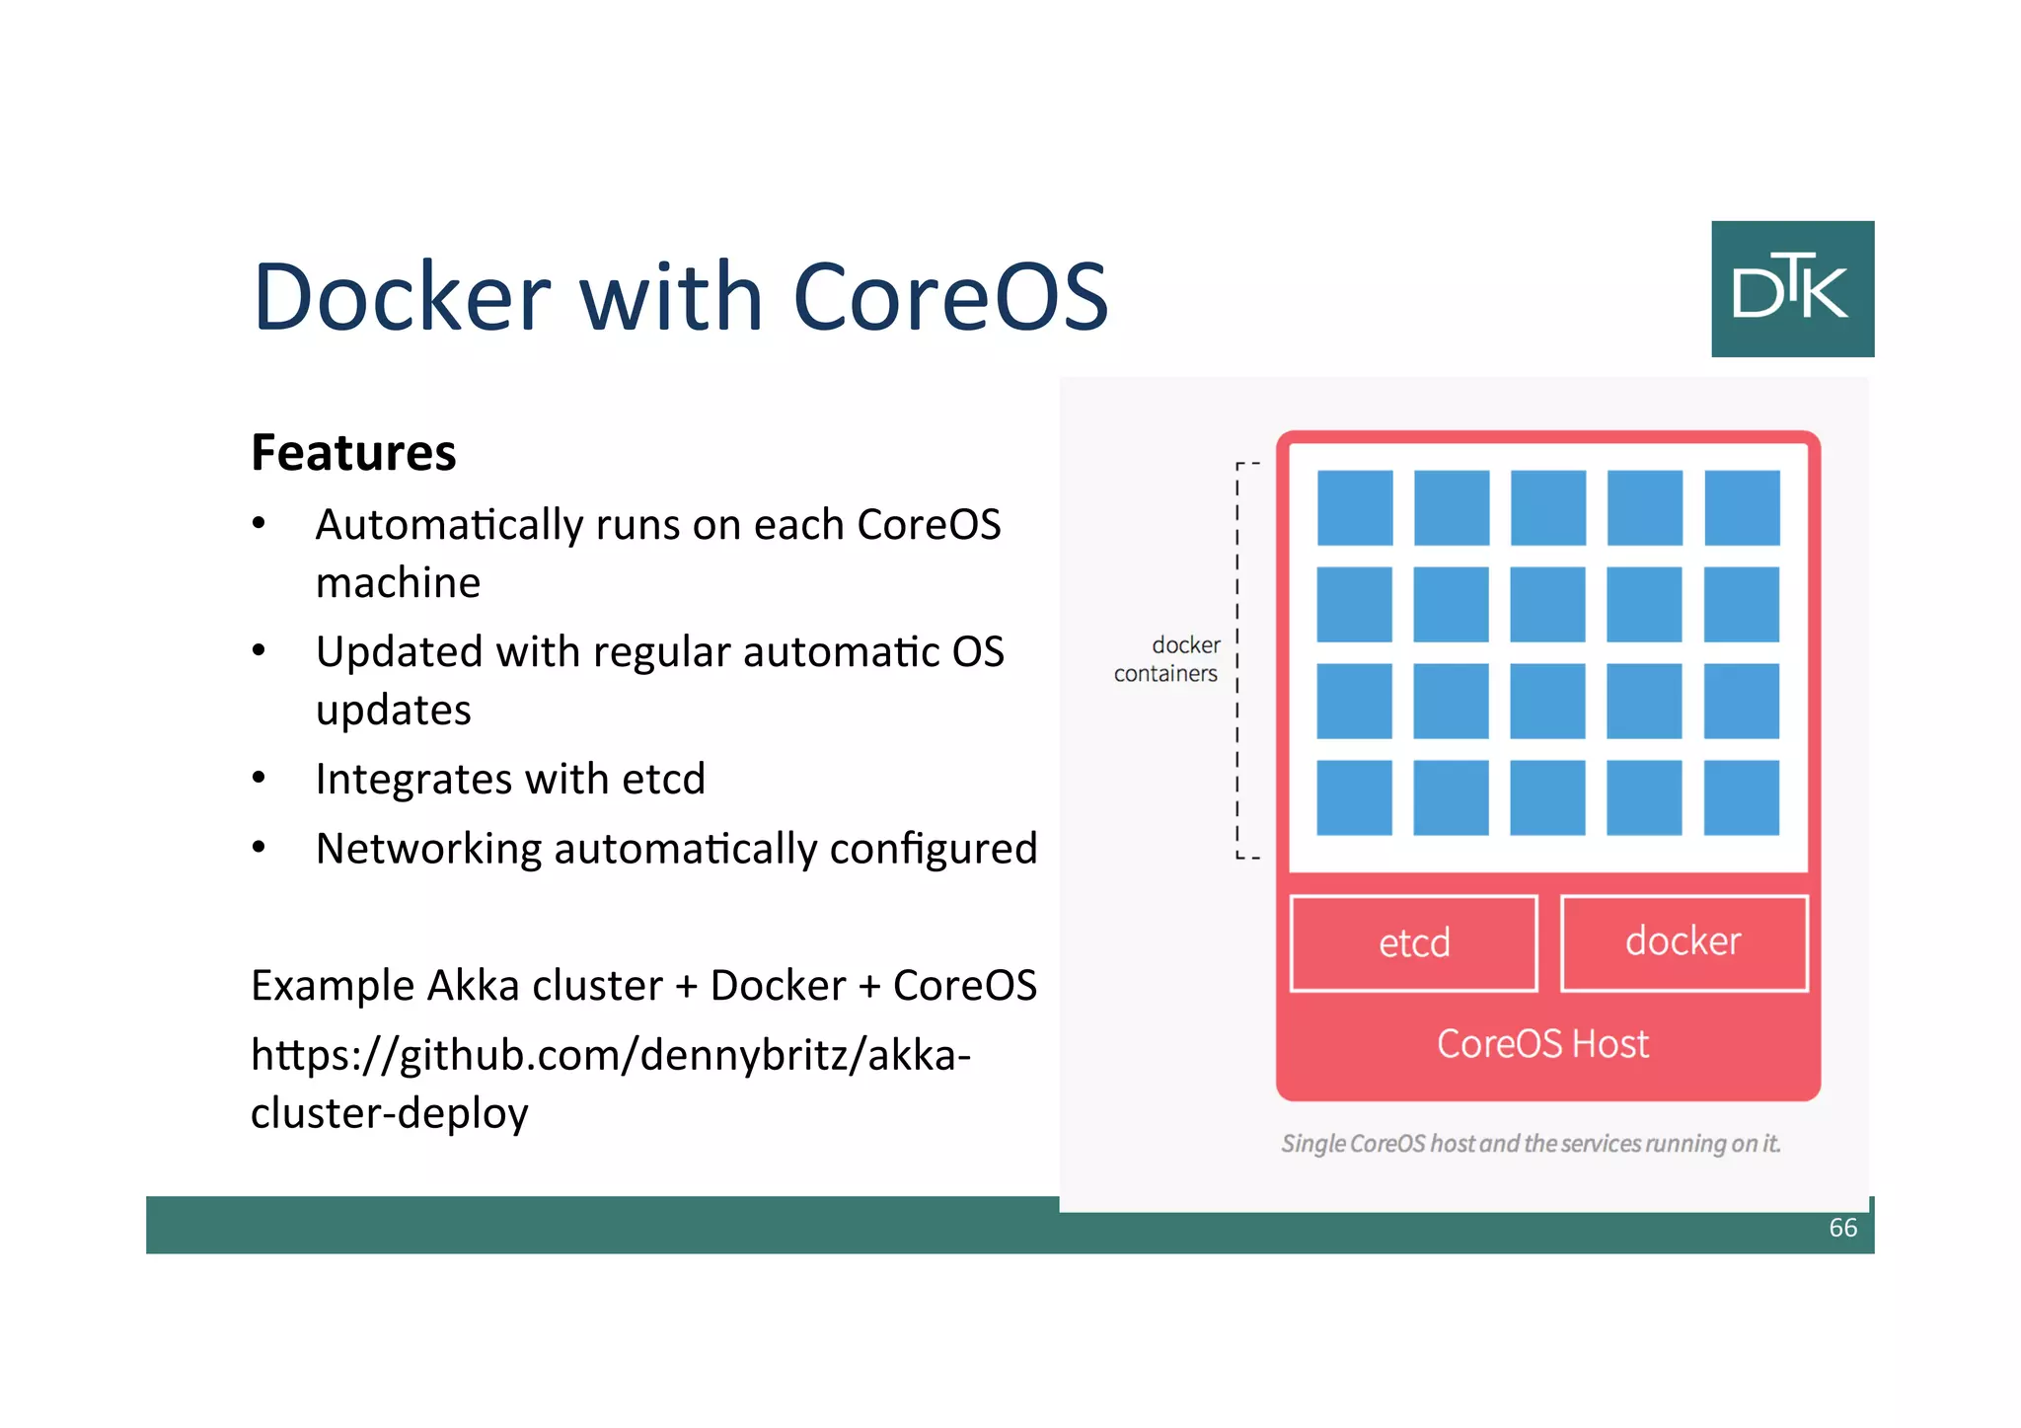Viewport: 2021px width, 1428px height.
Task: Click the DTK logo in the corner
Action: coord(1791,288)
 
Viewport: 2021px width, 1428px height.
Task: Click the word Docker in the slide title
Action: coord(401,297)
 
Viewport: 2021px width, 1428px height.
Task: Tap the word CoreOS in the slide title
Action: coord(950,297)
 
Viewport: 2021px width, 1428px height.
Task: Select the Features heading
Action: coord(353,453)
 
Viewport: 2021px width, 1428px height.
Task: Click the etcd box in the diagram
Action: coord(1413,942)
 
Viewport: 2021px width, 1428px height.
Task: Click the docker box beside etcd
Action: coord(1684,941)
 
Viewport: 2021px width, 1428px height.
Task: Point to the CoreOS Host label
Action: coord(1541,1044)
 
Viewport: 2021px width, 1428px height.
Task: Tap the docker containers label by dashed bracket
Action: coord(1168,659)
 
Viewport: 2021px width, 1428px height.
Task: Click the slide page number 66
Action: coord(1842,1228)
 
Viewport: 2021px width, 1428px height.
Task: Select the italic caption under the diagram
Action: coord(1530,1144)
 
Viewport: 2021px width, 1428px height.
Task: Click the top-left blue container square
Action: coord(1355,507)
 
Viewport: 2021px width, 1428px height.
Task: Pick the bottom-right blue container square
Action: coord(1741,797)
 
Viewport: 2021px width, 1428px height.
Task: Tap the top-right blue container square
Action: coord(1742,507)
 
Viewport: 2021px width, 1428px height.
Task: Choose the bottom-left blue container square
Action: coord(1354,797)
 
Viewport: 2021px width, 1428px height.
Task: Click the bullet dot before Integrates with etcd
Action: coord(259,779)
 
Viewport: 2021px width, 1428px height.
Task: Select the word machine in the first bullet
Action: coord(398,583)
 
